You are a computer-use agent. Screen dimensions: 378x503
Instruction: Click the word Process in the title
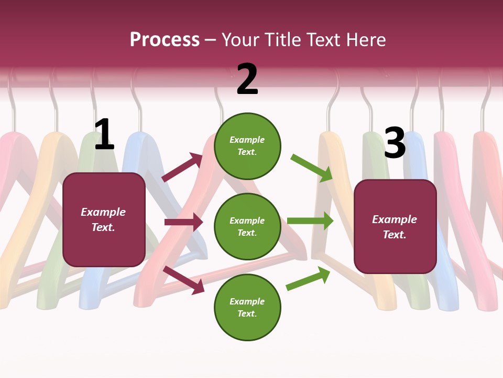(165, 40)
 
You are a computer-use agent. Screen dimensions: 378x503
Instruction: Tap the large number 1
(104, 134)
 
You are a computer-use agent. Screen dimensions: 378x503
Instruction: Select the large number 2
(247, 79)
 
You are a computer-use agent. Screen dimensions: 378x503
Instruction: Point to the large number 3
(395, 143)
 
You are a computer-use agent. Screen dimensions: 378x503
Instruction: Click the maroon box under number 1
(104, 219)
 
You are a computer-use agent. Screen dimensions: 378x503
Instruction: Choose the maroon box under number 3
(395, 226)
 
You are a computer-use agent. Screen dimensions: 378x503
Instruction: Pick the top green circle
(247, 145)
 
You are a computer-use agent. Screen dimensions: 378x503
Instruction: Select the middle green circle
(247, 226)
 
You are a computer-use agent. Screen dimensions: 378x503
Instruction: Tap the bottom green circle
(247, 307)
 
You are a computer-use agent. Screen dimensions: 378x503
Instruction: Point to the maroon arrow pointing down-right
(184, 280)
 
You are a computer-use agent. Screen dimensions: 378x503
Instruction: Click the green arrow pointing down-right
(312, 168)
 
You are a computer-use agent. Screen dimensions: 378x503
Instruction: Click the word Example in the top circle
(247, 140)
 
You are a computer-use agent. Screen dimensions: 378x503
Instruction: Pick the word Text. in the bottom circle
(247, 313)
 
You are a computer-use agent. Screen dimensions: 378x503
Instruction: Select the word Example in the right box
(395, 219)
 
